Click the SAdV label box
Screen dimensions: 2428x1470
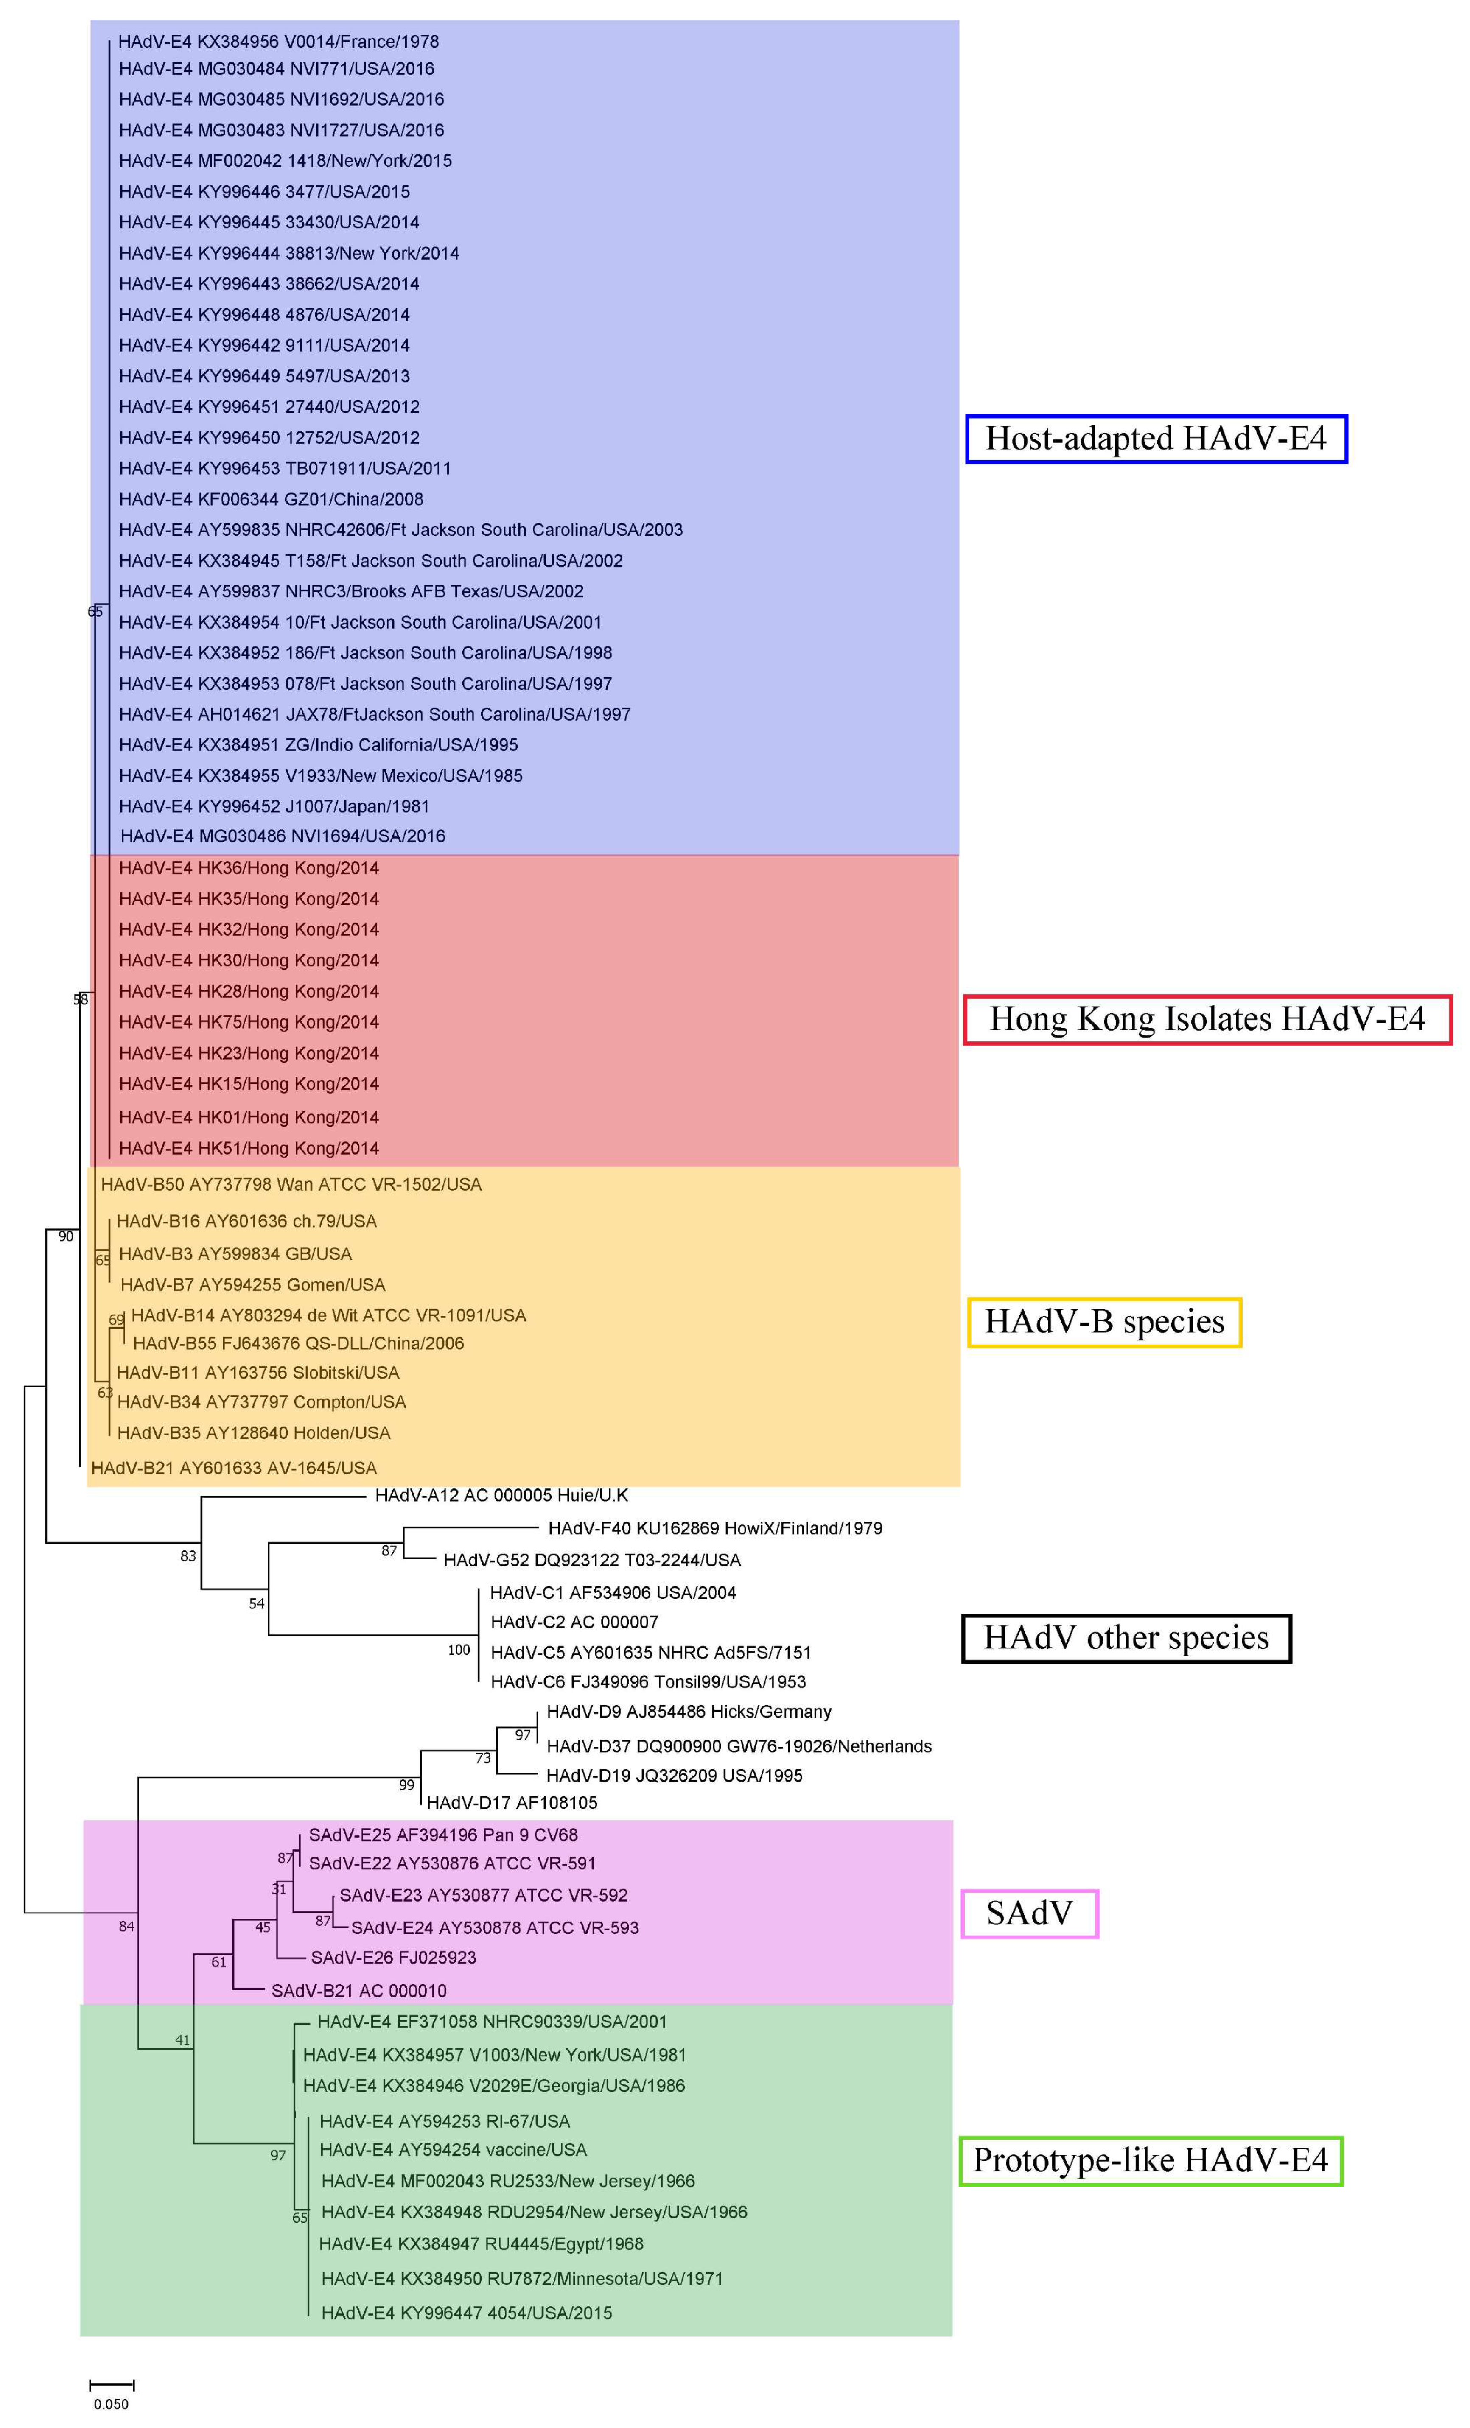pyautogui.click(x=1030, y=1913)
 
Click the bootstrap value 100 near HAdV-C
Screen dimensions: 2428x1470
pyautogui.click(x=459, y=1650)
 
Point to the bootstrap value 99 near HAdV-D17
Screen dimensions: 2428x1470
pyautogui.click(x=406, y=1785)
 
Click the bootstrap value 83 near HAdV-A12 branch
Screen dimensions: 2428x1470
pyautogui.click(x=188, y=1556)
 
